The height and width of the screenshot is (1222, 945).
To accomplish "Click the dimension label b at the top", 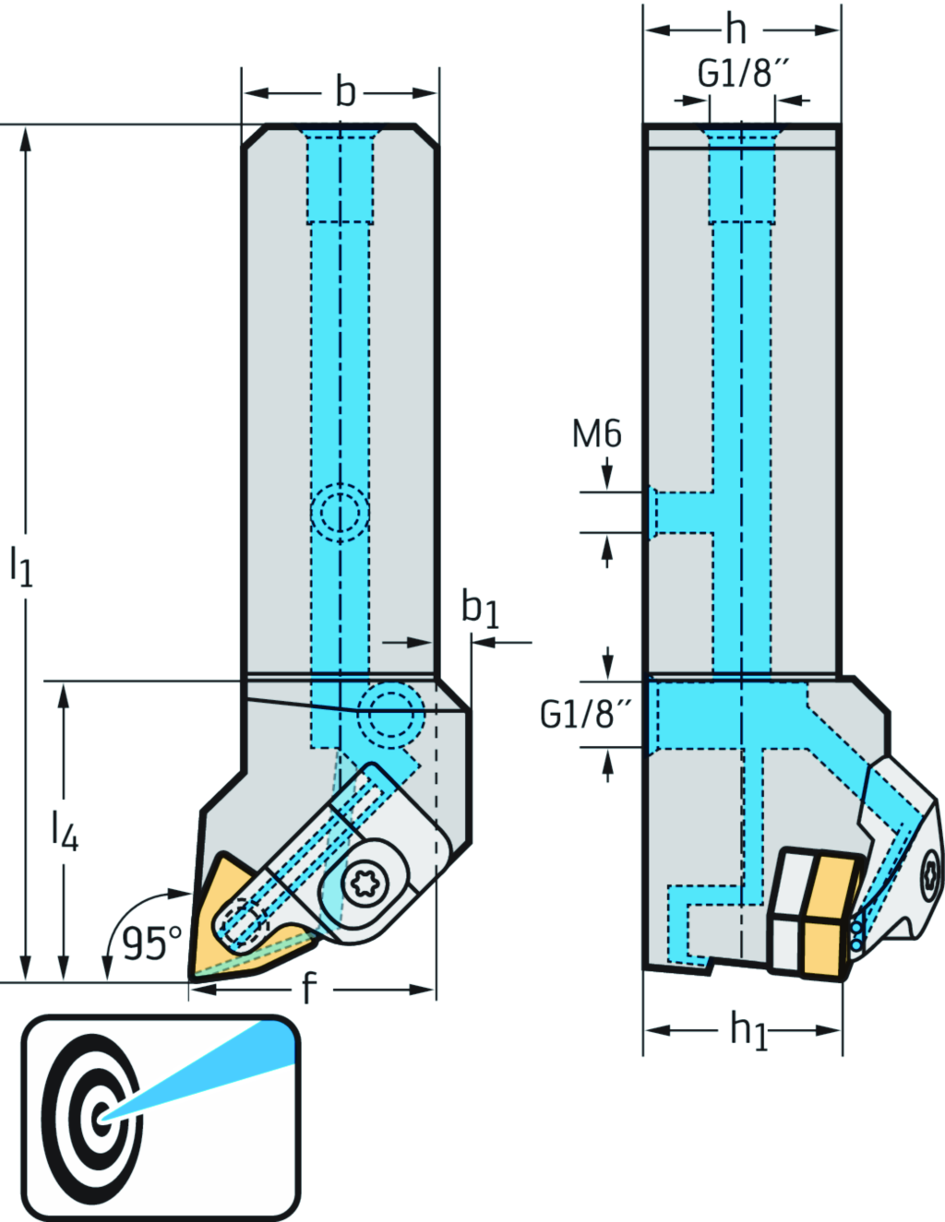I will tap(345, 92).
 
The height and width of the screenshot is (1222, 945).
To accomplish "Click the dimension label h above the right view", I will tap(736, 30).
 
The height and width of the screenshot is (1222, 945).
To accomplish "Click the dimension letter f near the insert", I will tap(309, 990).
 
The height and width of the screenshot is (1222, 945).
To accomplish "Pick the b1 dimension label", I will tap(480, 610).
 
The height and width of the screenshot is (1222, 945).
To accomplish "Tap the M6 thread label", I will tap(597, 433).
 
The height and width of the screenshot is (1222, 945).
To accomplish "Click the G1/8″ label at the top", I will tap(743, 73).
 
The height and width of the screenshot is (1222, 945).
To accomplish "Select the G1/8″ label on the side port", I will tap(587, 714).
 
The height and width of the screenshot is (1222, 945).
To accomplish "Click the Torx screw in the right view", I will tap(931, 871).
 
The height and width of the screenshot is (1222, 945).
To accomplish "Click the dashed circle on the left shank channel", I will tap(340, 512).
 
